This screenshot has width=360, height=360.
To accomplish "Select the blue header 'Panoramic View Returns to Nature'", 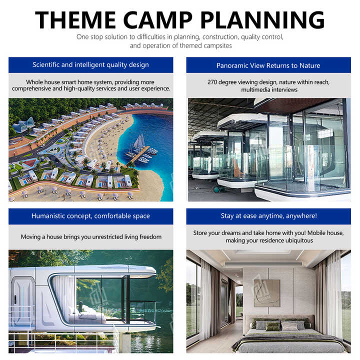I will click(x=268, y=65).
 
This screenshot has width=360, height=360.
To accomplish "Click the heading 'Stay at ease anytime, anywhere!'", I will click(x=268, y=216).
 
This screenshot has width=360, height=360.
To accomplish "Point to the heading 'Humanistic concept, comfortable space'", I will click(x=90, y=216).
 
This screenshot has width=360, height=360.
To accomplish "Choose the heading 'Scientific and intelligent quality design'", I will click(x=90, y=65).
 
